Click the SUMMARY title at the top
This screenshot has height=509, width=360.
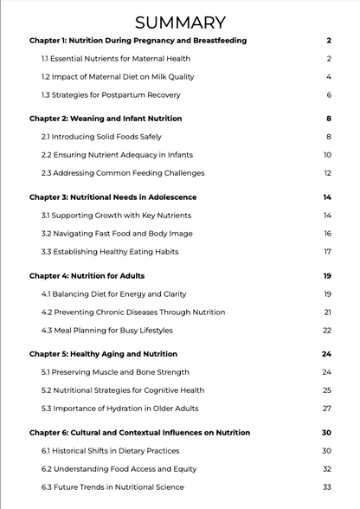click(180, 23)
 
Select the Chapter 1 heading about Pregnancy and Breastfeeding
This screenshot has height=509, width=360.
click(138, 41)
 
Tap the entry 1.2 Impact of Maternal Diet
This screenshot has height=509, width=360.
click(118, 77)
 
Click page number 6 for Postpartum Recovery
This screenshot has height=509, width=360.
click(329, 95)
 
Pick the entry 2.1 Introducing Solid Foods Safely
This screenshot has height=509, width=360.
click(101, 137)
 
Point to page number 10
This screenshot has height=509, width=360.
click(328, 155)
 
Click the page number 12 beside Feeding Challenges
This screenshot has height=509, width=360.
click(328, 173)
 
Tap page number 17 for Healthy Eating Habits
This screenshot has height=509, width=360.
click(328, 252)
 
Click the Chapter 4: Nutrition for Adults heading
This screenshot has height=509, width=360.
click(87, 276)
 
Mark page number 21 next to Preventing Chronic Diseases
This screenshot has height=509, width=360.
click(328, 312)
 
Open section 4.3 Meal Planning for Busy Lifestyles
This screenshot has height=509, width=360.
click(107, 331)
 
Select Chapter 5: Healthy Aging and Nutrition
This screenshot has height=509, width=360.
click(103, 354)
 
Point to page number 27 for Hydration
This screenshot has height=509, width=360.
click(327, 409)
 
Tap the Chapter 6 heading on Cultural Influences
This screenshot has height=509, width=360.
click(139, 433)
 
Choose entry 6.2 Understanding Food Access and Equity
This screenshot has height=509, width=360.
click(113, 469)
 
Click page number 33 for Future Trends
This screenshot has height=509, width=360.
click(327, 487)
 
